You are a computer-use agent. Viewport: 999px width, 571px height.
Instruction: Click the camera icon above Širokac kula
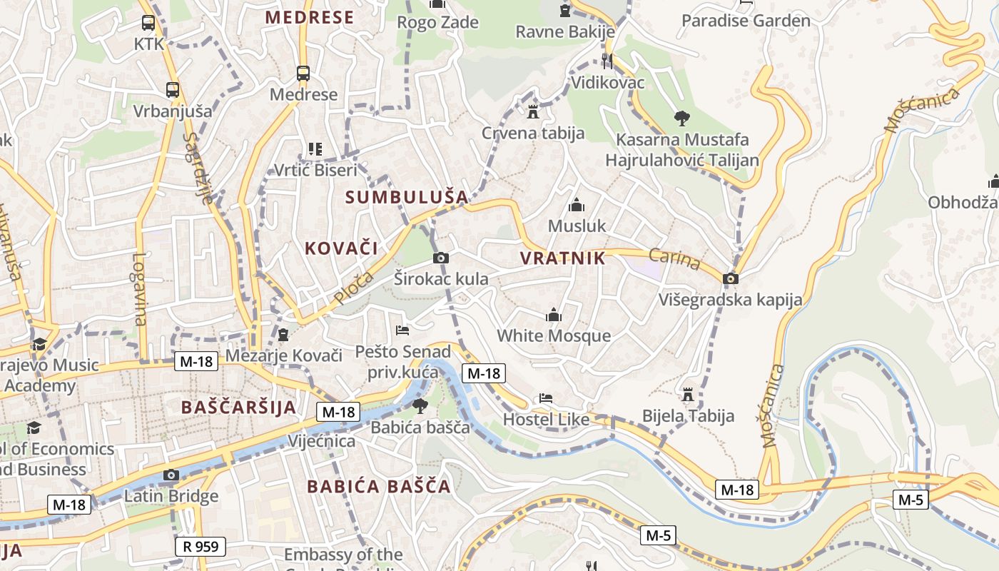pyautogui.click(x=441, y=258)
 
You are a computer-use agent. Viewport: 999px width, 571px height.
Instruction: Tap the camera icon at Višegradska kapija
pyautogui.click(x=730, y=278)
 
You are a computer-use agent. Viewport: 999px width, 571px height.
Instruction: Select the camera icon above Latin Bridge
pyautogui.click(x=171, y=475)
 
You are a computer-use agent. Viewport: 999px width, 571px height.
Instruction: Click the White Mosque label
pyautogui.click(x=554, y=335)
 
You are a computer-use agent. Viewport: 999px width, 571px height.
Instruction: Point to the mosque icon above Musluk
pyautogui.click(x=577, y=206)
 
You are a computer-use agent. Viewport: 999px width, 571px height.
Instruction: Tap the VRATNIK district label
pyautogui.click(x=562, y=258)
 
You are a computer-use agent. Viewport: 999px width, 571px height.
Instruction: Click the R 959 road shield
pyautogui.click(x=201, y=547)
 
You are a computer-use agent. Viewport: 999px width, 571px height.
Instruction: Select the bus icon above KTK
pyautogui.click(x=148, y=23)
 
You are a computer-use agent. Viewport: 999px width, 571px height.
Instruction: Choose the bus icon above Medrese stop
pyautogui.click(x=303, y=73)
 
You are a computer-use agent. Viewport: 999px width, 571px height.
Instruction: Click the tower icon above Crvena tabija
pyautogui.click(x=532, y=111)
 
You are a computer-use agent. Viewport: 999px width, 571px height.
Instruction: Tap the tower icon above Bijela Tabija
pyautogui.click(x=688, y=394)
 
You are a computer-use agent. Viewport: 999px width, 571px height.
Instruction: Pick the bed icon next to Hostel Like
pyautogui.click(x=546, y=398)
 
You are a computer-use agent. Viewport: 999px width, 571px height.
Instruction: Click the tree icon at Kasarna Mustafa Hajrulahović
pyautogui.click(x=681, y=118)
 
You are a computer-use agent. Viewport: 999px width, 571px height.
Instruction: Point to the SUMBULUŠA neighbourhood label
pyautogui.click(x=407, y=197)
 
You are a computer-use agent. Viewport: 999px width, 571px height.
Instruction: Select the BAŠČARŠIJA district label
pyautogui.click(x=238, y=408)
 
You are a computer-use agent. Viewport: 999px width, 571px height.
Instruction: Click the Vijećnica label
pyautogui.click(x=321, y=441)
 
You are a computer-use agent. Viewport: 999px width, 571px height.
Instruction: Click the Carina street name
pyautogui.click(x=674, y=259)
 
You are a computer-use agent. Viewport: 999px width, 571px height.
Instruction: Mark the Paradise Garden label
pyautogui.click(x=746, y=21)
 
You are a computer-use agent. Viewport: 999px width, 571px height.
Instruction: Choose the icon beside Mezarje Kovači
pyautogui.click(x=283, y=333)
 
